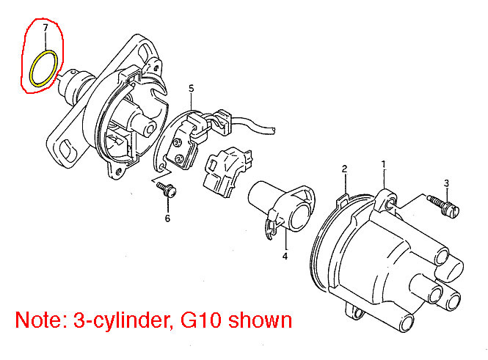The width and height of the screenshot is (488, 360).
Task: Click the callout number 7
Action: click(x=45, y=28)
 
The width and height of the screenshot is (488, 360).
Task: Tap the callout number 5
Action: click(x=191, y=89)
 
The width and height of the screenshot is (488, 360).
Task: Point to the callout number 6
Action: click(x=168, y=218)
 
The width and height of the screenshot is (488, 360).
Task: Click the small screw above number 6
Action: click(x=167, y=189)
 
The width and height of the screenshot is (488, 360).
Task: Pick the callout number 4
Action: click(x=285, y=256)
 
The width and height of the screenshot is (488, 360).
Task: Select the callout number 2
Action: click(x=344, y=169)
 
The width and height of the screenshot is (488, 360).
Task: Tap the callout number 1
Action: click(x=383, y=164)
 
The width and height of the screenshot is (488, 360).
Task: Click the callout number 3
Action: click(x=447, y=183)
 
